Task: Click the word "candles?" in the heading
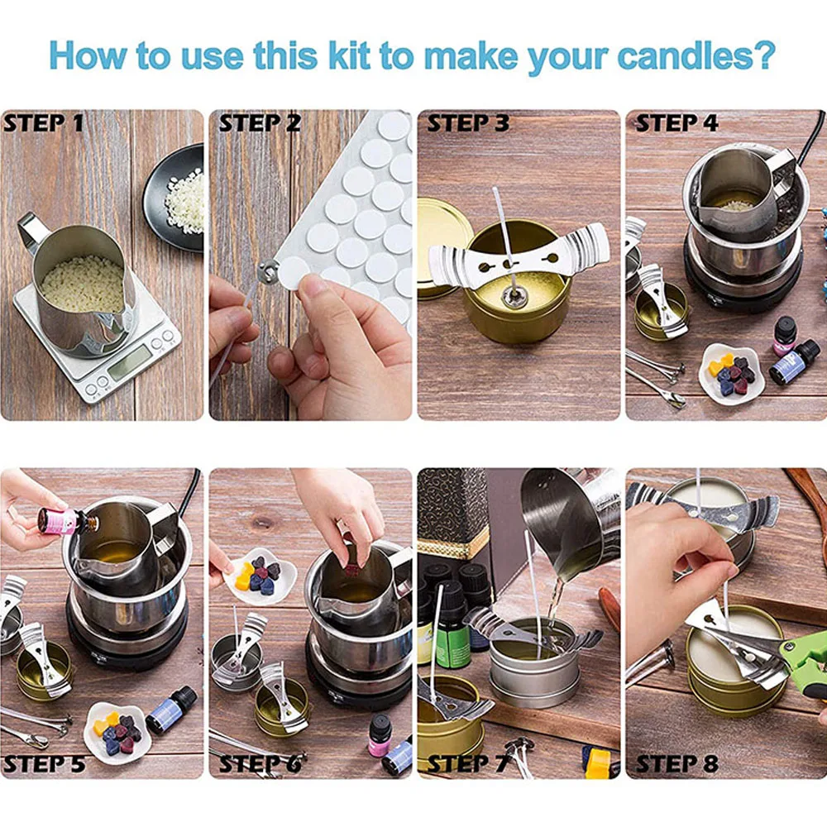pos(696,55)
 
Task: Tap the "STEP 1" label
pos(43,123)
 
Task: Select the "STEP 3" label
pos(468,123)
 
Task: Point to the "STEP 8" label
pos(676,763)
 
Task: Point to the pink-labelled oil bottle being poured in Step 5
pos(69,519)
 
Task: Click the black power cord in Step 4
pos(812,136)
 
